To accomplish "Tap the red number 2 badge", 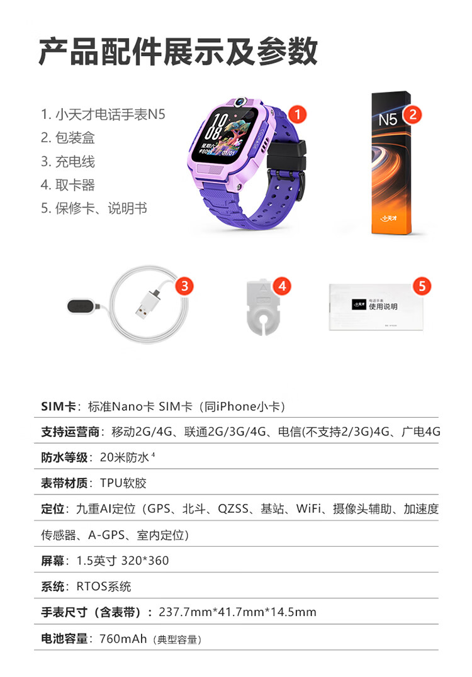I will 412,114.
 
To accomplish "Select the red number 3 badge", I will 184,286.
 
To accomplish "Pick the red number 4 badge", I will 282,286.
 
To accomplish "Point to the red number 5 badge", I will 422,286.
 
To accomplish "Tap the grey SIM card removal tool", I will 262,306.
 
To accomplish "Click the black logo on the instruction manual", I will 359,304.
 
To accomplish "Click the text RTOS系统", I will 104,586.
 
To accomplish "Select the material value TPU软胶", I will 123,483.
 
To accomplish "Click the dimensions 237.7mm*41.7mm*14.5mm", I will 237,612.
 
